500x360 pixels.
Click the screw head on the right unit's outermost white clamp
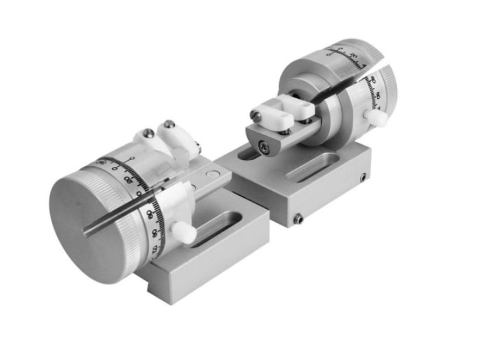256,115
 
